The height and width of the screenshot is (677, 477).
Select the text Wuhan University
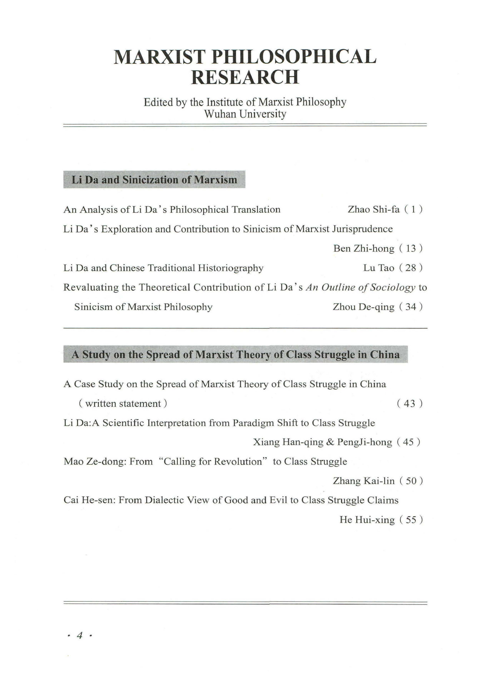(x=245, y=114)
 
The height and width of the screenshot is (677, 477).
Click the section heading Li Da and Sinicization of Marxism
(x=154, y=180)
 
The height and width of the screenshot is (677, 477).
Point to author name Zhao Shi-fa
(x=374, y=209)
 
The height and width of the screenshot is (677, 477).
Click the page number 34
(x=411, y=307)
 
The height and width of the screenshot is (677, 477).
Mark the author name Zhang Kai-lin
(x=364, y=481)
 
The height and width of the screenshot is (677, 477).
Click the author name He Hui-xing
(x=367, y=520)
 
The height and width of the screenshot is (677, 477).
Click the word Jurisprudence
(x=362, y=229)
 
